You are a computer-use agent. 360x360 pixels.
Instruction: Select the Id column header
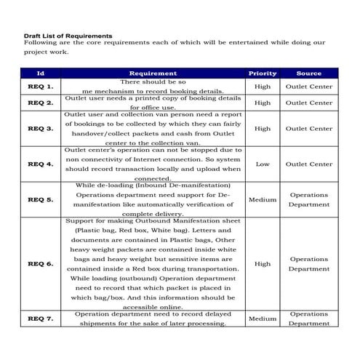tap(41, 73)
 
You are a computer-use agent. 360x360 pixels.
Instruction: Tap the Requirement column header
tap(153, 73)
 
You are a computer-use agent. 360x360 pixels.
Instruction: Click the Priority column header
tap(263, 73)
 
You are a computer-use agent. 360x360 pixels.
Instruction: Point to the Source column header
tap(309, 73)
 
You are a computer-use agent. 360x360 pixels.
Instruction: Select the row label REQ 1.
tap(41, 87)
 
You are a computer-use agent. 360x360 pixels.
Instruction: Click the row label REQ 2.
tap(41, 103)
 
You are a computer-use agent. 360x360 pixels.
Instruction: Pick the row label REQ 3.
tap(41, 128)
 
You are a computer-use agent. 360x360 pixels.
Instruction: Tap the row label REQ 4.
tap(41, 164)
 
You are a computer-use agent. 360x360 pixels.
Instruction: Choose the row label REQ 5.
tap(41, 199)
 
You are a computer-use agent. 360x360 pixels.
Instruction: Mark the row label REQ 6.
tap(41, 263)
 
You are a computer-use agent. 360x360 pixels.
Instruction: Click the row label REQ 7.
tap(41, 319)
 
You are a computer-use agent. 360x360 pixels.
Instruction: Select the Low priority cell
tap(263, 164)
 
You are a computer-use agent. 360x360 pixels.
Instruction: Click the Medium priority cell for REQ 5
tap(263, 199)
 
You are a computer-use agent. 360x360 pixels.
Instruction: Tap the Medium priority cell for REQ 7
tap(263, 319)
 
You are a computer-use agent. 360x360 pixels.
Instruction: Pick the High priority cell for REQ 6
tap(263, 263)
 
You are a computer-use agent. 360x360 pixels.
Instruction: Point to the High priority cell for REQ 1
tap(263, 87)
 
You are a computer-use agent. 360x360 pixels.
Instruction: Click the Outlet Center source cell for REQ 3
tap(309, 128)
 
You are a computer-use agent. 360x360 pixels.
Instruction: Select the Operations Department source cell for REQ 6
tap(309, 263)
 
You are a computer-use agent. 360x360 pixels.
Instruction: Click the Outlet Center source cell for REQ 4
tap(309, 164)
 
